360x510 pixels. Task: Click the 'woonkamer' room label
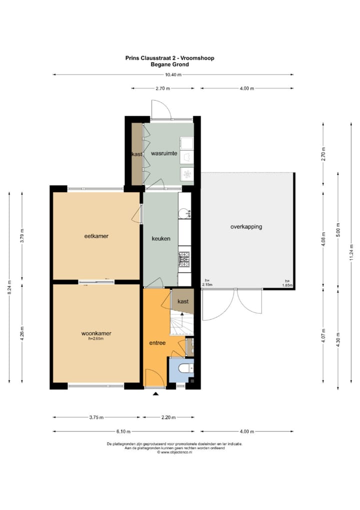point(96,333)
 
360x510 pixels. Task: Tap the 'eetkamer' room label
point(96,235)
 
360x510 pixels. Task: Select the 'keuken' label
point(161,239)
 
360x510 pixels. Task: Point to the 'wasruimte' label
point(164,154)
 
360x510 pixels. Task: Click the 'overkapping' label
point(246,227)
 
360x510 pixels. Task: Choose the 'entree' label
point(157,343)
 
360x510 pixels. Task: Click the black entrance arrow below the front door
point(156,395)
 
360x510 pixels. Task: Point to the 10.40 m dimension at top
point(173,75)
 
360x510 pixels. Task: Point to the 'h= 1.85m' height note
point(286,283)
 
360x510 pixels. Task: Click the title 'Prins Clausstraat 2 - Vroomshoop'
point(169,58)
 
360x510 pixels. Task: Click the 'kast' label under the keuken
point(183,301)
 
